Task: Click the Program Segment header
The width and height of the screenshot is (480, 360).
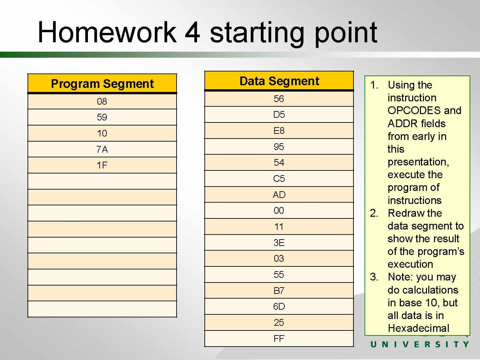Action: pos(102,84)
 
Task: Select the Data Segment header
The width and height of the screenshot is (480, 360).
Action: pos(279,81)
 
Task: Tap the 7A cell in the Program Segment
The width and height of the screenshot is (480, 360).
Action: pos(102,149)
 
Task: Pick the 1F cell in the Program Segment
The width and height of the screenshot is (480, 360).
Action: pos(102,165)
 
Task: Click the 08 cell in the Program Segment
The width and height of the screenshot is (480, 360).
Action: pos(102,101)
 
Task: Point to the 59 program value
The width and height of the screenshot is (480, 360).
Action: pos(102,117)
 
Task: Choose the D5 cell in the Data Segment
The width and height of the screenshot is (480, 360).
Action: pos(279,114)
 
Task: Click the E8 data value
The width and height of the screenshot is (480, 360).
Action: pos(279,131)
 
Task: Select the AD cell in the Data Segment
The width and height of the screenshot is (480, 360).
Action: pos(279,195)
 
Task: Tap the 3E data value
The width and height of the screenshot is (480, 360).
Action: pos(279,243)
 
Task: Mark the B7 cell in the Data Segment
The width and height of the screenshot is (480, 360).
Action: pos(279,291)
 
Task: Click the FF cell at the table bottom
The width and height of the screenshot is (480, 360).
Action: pos(279,339)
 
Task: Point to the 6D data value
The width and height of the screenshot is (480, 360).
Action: pos(279,306)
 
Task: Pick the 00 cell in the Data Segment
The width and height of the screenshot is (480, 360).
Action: pos(279,210)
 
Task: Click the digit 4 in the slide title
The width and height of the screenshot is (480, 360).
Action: pos(192,32)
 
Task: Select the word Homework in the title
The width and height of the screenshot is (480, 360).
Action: pos(107,32)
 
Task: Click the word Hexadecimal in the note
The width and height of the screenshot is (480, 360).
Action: pos(419,328)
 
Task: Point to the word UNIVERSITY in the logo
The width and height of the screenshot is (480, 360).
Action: pos(420,345)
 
